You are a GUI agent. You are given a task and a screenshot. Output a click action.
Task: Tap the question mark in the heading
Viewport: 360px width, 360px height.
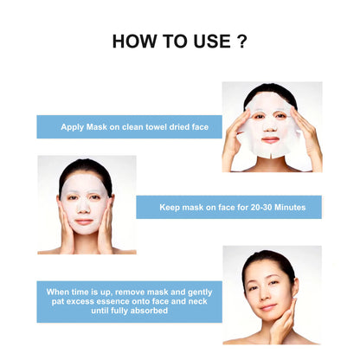click(241, 42)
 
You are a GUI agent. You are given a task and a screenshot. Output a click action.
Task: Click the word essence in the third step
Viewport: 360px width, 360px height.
click(119, 300)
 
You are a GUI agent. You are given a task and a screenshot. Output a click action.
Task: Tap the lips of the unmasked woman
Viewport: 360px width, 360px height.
click(268, 305)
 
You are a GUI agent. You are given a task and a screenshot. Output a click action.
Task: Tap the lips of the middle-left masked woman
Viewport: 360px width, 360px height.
click(84, 221)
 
